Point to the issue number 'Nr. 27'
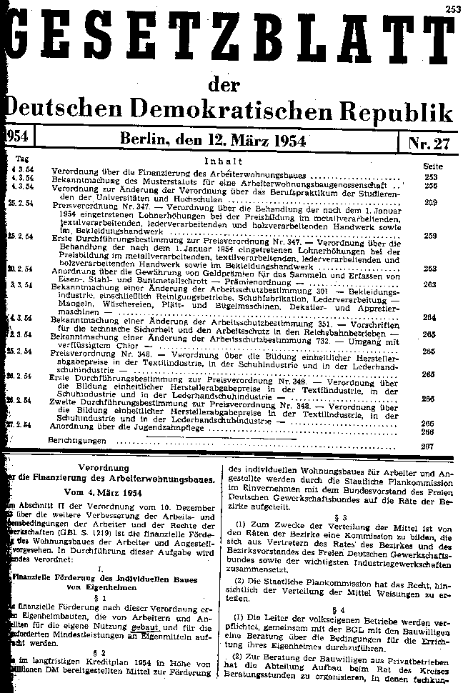(429, 141)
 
